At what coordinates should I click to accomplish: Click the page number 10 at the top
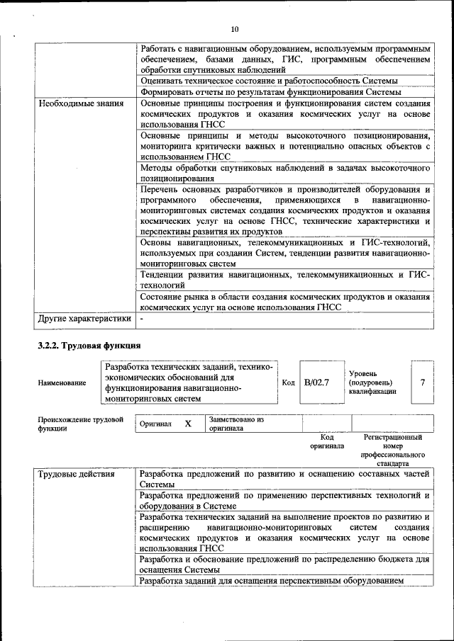point(235,29)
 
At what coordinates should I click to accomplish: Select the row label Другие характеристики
point(84,319)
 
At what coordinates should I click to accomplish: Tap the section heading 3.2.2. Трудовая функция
point(89,346)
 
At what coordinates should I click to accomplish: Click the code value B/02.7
point(316,382)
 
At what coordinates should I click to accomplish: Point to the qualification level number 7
point(422,382)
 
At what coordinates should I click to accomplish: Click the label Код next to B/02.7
point(288,382)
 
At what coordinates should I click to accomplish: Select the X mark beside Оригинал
point(188,424)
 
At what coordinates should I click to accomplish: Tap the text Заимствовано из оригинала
point(236,424)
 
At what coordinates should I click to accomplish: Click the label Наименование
point(62,382)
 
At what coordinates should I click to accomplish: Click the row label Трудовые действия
point(76,474)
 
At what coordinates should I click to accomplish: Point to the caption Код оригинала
point(326,442)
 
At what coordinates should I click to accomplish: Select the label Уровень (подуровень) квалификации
point(372,382)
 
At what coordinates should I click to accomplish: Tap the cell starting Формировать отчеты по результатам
point(271,92)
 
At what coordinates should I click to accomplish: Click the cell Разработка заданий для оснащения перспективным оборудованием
point(272,581)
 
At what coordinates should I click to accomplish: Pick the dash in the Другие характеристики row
point(143,319)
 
